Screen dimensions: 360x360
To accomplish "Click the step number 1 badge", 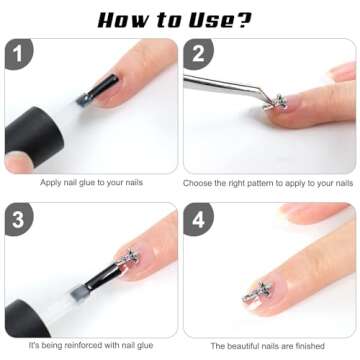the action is click(x=18, y=53).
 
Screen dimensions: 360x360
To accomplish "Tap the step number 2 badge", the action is click(x=198, y=53).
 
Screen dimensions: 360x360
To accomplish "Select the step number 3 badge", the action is click(x=18, y=218).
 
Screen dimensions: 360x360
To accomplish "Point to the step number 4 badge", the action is click(x=198, y=218).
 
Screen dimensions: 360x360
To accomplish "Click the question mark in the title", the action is click(x=243, y=21).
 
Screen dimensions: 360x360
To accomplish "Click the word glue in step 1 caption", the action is click(x=87, y=183).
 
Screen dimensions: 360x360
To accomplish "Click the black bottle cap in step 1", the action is click(x=33, y=137).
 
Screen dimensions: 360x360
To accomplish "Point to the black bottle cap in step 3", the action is click(x=27, y=319).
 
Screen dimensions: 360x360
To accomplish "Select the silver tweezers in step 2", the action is click(x=227, y=87).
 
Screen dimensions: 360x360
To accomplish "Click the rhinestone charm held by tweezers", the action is click(x=275, y=102).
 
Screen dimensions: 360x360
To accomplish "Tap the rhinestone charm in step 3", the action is click(x=129, y=257).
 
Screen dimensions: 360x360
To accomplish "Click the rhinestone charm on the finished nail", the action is click(x=257, y=292).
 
